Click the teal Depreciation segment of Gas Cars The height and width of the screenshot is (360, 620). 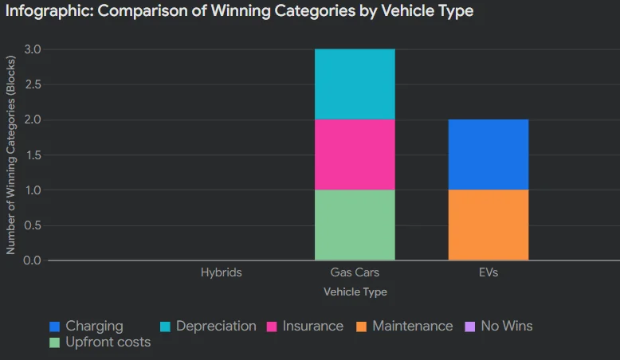(x=355, y=84)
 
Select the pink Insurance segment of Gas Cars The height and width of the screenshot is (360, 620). (x=355, y=155)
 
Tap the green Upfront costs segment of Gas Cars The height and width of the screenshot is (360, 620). (x=355, y=225)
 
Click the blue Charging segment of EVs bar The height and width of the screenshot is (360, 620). (x=488, y=155)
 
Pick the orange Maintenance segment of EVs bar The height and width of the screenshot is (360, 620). (x=488, y=225)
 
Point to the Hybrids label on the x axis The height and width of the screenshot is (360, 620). (x=222, y=272)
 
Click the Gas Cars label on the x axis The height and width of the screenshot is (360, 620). (x=355, y=272)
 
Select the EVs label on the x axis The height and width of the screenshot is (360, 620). (x=488, y=272)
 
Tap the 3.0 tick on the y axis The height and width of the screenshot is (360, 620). (x=33, y=49)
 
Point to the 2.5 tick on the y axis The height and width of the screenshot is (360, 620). (x=33, y=84)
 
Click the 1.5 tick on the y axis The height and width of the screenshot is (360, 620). (x=33, y=155)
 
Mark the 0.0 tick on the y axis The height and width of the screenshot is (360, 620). (x=33, y=260)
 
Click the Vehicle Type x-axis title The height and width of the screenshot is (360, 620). (x=355, y=292)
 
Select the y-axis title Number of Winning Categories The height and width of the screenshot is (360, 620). (x=11, y=155)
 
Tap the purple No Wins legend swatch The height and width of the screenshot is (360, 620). (x=469, y=327)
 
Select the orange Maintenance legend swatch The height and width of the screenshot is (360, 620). (x=360, y=327)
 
